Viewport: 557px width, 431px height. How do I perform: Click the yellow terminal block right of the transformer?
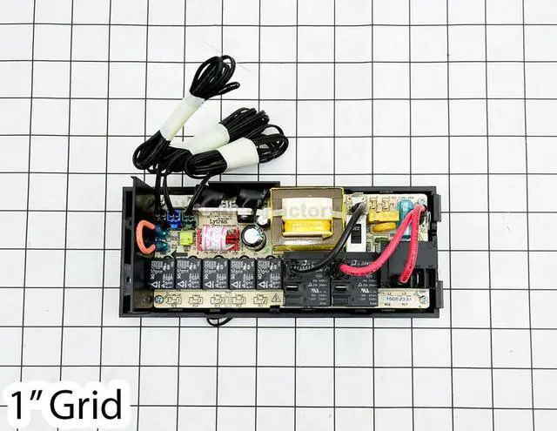click(381, 214)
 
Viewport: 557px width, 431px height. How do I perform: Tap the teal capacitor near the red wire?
click(406, 209)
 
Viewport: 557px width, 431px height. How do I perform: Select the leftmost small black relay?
click(162, 272)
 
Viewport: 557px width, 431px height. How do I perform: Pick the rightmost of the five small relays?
click(269, 272)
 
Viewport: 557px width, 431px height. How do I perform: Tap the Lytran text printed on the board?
click(218, 221)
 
